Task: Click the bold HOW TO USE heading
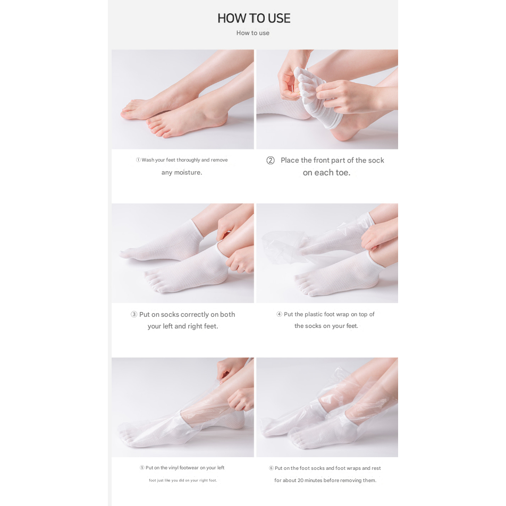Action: [x=254, y=18]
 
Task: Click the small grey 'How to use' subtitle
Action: [x=252, y=33]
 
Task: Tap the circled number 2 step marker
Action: [x=271, y=161]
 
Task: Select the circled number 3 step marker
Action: [x=133, y=314]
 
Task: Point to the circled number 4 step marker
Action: [x=279, y=314]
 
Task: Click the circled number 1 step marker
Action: [x=138, y=160]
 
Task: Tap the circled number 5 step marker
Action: [x=142, y=468]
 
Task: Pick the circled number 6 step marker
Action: [x=271, y=468]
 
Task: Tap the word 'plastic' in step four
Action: [x=314, y=314]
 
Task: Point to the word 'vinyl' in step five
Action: [x=174, y=468]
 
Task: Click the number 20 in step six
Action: [x=300, y=480]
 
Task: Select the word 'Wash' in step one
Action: [x=148, y=160]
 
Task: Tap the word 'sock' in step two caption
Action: [x=376, y=161]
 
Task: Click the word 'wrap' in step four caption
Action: [x=342, y=315]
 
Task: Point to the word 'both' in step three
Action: [x=227, y=314]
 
